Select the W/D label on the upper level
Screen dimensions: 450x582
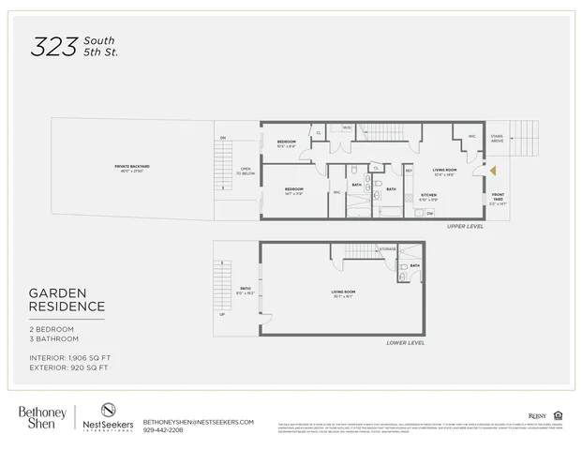(347, 128)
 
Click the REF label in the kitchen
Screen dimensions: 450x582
(410, 170)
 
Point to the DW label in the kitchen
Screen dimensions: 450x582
(429, 213)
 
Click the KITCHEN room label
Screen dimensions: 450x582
(428, 196)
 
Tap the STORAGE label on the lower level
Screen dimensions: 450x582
(388, 248)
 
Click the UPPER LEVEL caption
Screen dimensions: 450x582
(466, 226)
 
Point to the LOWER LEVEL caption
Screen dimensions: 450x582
(406, 343)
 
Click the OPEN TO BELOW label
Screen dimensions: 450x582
(246, 172)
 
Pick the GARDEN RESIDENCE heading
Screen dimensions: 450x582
(67, 300)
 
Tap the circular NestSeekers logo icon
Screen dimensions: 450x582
(108, 411)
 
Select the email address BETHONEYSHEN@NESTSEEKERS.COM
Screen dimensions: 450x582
(198, 422)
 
